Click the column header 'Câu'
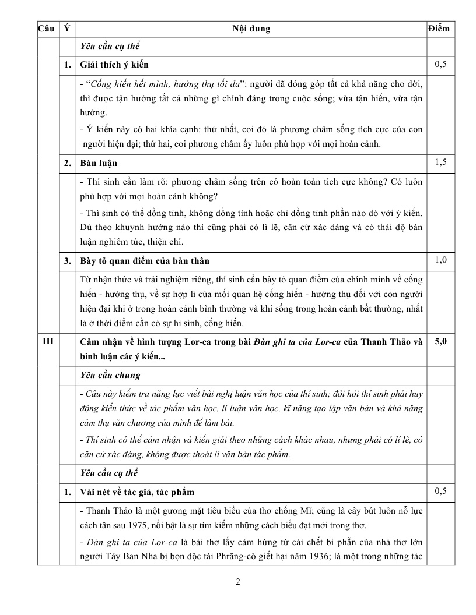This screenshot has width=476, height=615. click(45, 29)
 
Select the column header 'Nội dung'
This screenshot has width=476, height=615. click(251, 29)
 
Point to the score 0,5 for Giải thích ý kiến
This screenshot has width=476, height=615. click(440, 64)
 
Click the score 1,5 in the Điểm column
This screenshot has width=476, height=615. click(440, 162)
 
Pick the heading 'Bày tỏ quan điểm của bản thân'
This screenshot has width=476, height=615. click(145, 260)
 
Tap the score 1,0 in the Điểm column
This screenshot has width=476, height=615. click(440, 260)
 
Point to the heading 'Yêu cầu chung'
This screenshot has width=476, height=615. click(110, 376)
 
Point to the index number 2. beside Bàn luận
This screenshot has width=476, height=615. click(68, 163)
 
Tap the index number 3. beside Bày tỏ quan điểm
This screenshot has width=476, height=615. click(68, 260)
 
